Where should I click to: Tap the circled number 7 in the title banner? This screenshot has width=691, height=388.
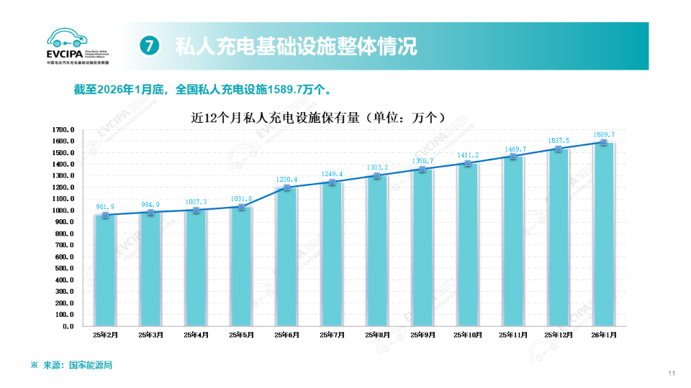(x=148, y=46)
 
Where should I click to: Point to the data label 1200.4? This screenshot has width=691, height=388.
(x=286, y=179)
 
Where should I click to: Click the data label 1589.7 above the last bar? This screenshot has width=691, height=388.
(x=603, y=134)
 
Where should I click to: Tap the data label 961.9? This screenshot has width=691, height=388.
(x=106, y=207)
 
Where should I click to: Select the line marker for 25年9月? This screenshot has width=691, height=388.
(x=423, y=169)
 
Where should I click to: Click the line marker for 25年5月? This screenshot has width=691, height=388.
(x=241, y=207)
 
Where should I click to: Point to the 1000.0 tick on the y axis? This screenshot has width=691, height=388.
(x=63, y=211)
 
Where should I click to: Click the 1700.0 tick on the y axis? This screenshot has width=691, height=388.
(x=63, y=129)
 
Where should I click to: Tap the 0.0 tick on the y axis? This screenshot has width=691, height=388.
(x=68, y=326)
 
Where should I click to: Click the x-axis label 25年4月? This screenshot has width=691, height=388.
(x=196, y=335)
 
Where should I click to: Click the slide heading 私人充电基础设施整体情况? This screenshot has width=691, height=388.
(x=296, y=47)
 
